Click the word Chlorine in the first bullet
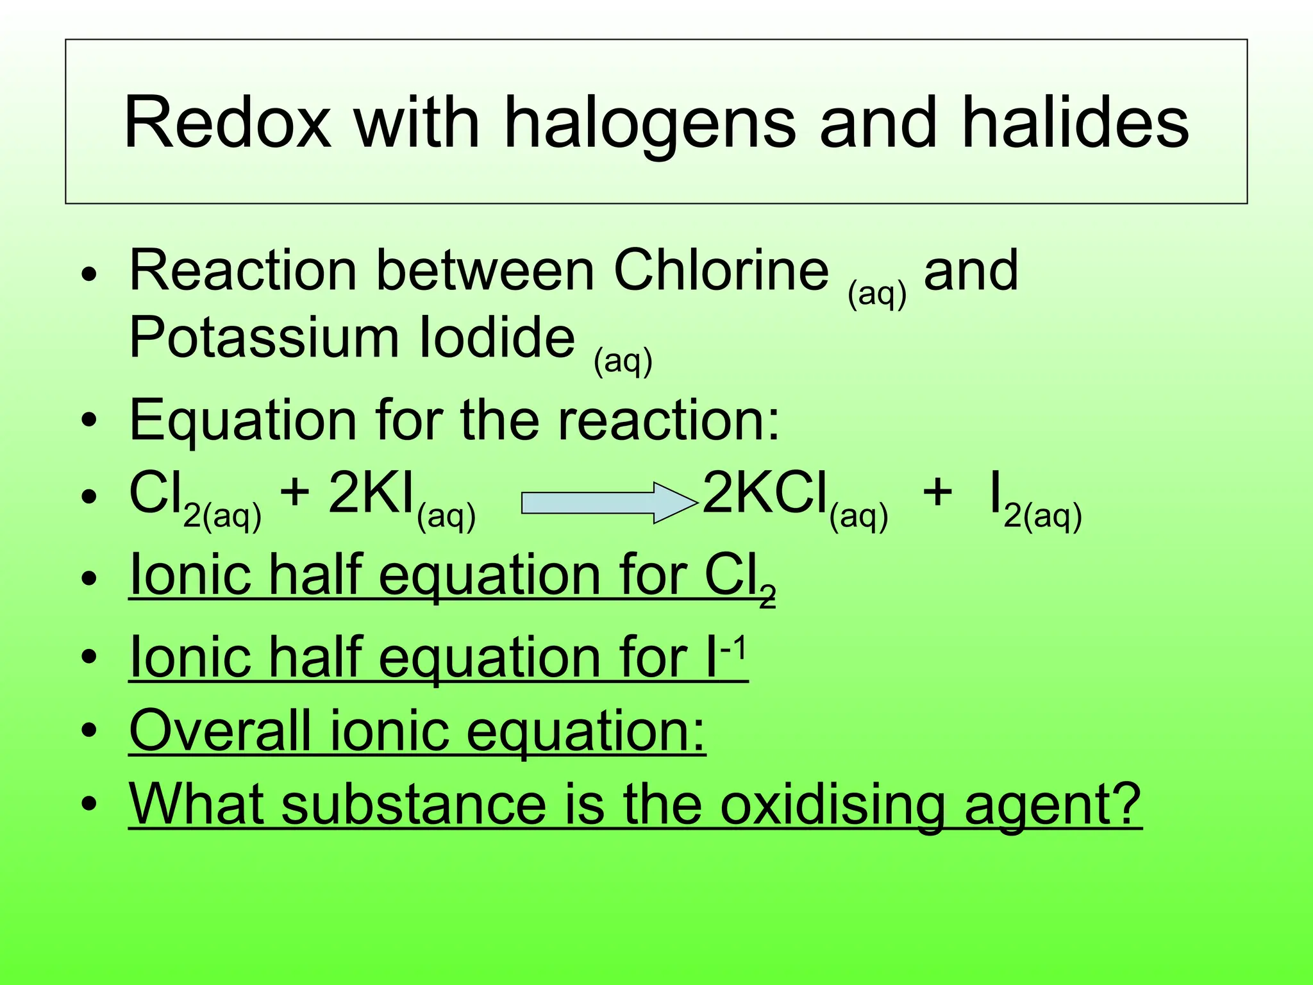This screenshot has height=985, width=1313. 721,270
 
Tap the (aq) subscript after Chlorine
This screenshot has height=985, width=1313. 877,294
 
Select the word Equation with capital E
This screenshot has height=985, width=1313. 243,421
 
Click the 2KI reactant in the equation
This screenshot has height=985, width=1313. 372,494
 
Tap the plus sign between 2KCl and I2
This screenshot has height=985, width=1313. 937,494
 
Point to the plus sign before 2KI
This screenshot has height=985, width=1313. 296,494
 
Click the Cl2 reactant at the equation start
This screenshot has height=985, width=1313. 157,494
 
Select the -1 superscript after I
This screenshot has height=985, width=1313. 734,650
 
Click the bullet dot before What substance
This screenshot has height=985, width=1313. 89,804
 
